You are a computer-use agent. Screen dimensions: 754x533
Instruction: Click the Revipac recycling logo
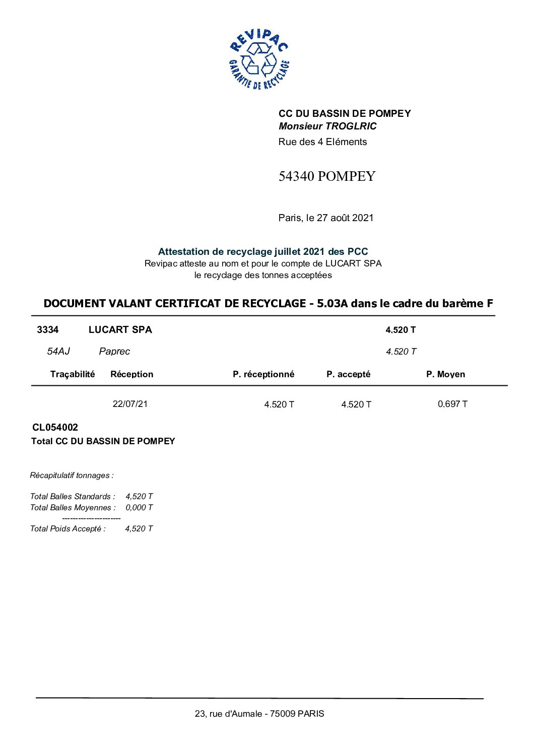pyautogui.click(x=259, y=59)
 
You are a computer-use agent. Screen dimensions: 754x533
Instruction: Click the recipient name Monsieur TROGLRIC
pyautogui.click(x=327, y=126)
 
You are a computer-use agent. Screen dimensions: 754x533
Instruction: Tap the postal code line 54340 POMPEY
pyautogui.click(x=327, y=176)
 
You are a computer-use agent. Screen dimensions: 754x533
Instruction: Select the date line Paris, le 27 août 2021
pyautogui.click(x=326, y=218)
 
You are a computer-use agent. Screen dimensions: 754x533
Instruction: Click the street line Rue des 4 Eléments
pyautogui.click(x=322, y=142)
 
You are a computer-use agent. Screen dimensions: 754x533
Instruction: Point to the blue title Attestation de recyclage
pyautogui.click(x=263, y=251)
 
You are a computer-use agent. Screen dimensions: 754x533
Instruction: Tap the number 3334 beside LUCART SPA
pyautogui.click(x=48, y=330)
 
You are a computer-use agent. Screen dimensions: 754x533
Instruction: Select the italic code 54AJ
pyautogui.click(x=58, y=352)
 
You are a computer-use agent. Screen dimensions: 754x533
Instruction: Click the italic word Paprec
pyautogui.click(x=114, y=352)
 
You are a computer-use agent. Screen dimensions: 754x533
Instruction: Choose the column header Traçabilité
pyautogui.click(x=73, y=374)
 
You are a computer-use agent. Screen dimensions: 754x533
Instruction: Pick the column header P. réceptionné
pyautogui.click(x=263, y=374)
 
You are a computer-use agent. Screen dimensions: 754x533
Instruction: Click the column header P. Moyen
pyautogui.click(x=445, y=374)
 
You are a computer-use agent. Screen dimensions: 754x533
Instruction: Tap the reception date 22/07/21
pyautogui.click(x=130, y=404)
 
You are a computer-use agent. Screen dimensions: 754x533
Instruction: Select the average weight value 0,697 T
pyautogui.click(x=452, y=404)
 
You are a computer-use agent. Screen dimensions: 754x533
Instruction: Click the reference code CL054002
pyautogui.click(x=55, y=428)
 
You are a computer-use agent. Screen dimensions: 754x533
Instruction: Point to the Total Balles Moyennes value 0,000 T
pyautogui.click(x=139, y=508)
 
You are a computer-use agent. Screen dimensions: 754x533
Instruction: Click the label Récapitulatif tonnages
pyautogui.click(x=72, y=475)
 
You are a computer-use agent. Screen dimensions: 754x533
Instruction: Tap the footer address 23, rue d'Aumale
pyautogui.click(x=259, y=714)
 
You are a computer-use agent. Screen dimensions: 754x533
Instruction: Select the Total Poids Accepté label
pyautogui.click(x=68, y=529)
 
